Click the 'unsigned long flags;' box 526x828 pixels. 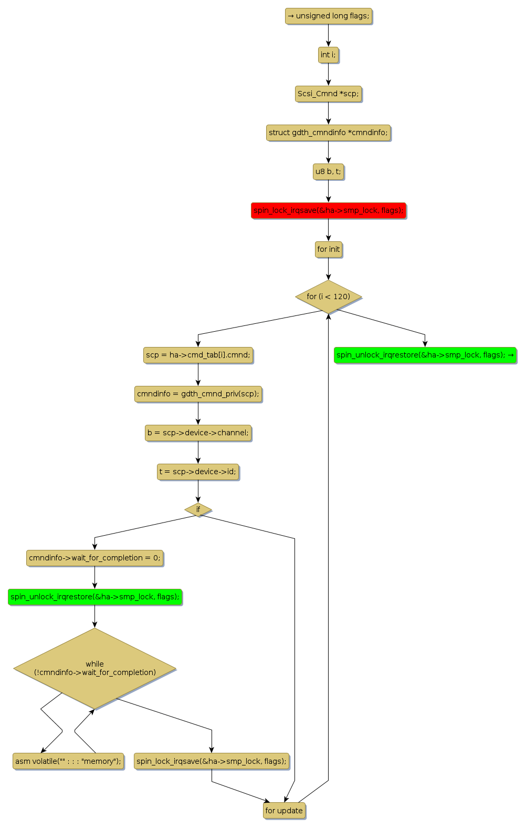[329, 16]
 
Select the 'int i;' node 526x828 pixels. [328, 55]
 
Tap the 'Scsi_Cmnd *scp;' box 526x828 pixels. [328, 94]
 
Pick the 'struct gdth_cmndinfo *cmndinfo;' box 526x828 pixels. [328, 133]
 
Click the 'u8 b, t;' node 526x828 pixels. [328, 172]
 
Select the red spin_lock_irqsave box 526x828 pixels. [328, 211]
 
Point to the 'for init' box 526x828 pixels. [328, 250]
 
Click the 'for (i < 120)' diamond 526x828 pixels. [328, 297]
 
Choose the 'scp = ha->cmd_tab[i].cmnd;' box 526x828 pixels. [198, 355]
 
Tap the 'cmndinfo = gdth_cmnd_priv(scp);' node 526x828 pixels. [198, 394]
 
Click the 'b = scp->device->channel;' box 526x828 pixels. [198, 433]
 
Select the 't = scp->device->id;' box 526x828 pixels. [198, 472]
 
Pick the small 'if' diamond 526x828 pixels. [198, 509]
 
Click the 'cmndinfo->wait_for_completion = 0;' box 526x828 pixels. [94, 558]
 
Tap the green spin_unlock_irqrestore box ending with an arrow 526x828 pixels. [425, 355]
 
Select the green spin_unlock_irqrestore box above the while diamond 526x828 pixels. [94, 597]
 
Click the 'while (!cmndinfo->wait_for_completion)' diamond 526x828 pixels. [94, 669]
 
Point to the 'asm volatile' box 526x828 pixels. [68, 762]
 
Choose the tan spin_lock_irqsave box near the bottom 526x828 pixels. [212, 762]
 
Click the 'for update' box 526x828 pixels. [284, 811]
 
